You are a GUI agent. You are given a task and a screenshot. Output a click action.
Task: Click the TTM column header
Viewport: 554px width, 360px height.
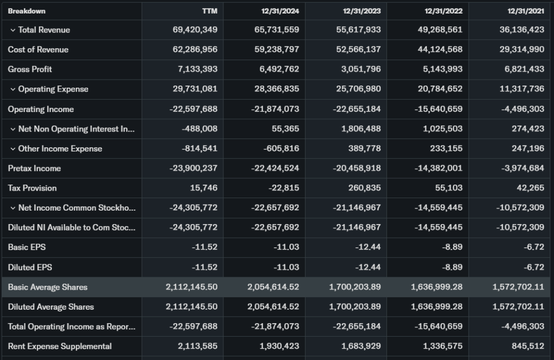pyautogui.click(x=209, y=11)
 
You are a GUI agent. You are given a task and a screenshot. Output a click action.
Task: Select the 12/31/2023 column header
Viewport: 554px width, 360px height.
pyautogui.click(x=362, y=11)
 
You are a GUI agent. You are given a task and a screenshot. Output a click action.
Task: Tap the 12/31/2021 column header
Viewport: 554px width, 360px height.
pyautogui.click(x=525, y=11)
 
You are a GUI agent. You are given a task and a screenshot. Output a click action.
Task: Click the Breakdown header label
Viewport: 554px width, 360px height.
pyautogui.click(x=27, y=11)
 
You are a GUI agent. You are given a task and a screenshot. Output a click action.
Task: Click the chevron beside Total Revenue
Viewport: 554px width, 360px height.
pyautogui.click(x=12, y=30)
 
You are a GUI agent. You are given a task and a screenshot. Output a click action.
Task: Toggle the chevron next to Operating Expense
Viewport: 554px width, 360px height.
pyautogui.click(x=12, y=89)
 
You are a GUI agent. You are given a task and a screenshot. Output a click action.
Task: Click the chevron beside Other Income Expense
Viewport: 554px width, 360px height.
pyautogui.click(x=12, y=149)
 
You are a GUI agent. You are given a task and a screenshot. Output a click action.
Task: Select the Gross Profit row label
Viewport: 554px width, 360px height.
pyautogui.click(x=30, y=69)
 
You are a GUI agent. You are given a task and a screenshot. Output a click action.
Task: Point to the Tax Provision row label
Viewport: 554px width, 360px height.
pyautogui.click(x=32, y=188)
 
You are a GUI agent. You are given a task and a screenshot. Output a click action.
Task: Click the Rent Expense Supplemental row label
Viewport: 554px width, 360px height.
pyautogui.click(x=60, y=346)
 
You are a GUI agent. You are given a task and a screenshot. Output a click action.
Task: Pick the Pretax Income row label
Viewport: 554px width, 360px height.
pyautogui.click(x=34, y=168)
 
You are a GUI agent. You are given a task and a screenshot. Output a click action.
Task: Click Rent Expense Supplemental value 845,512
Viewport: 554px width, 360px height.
pyautogui.click(x=528, y=346)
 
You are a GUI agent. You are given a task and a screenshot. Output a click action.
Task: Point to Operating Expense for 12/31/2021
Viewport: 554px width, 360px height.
pyautogui.click(x=522, y=89)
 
